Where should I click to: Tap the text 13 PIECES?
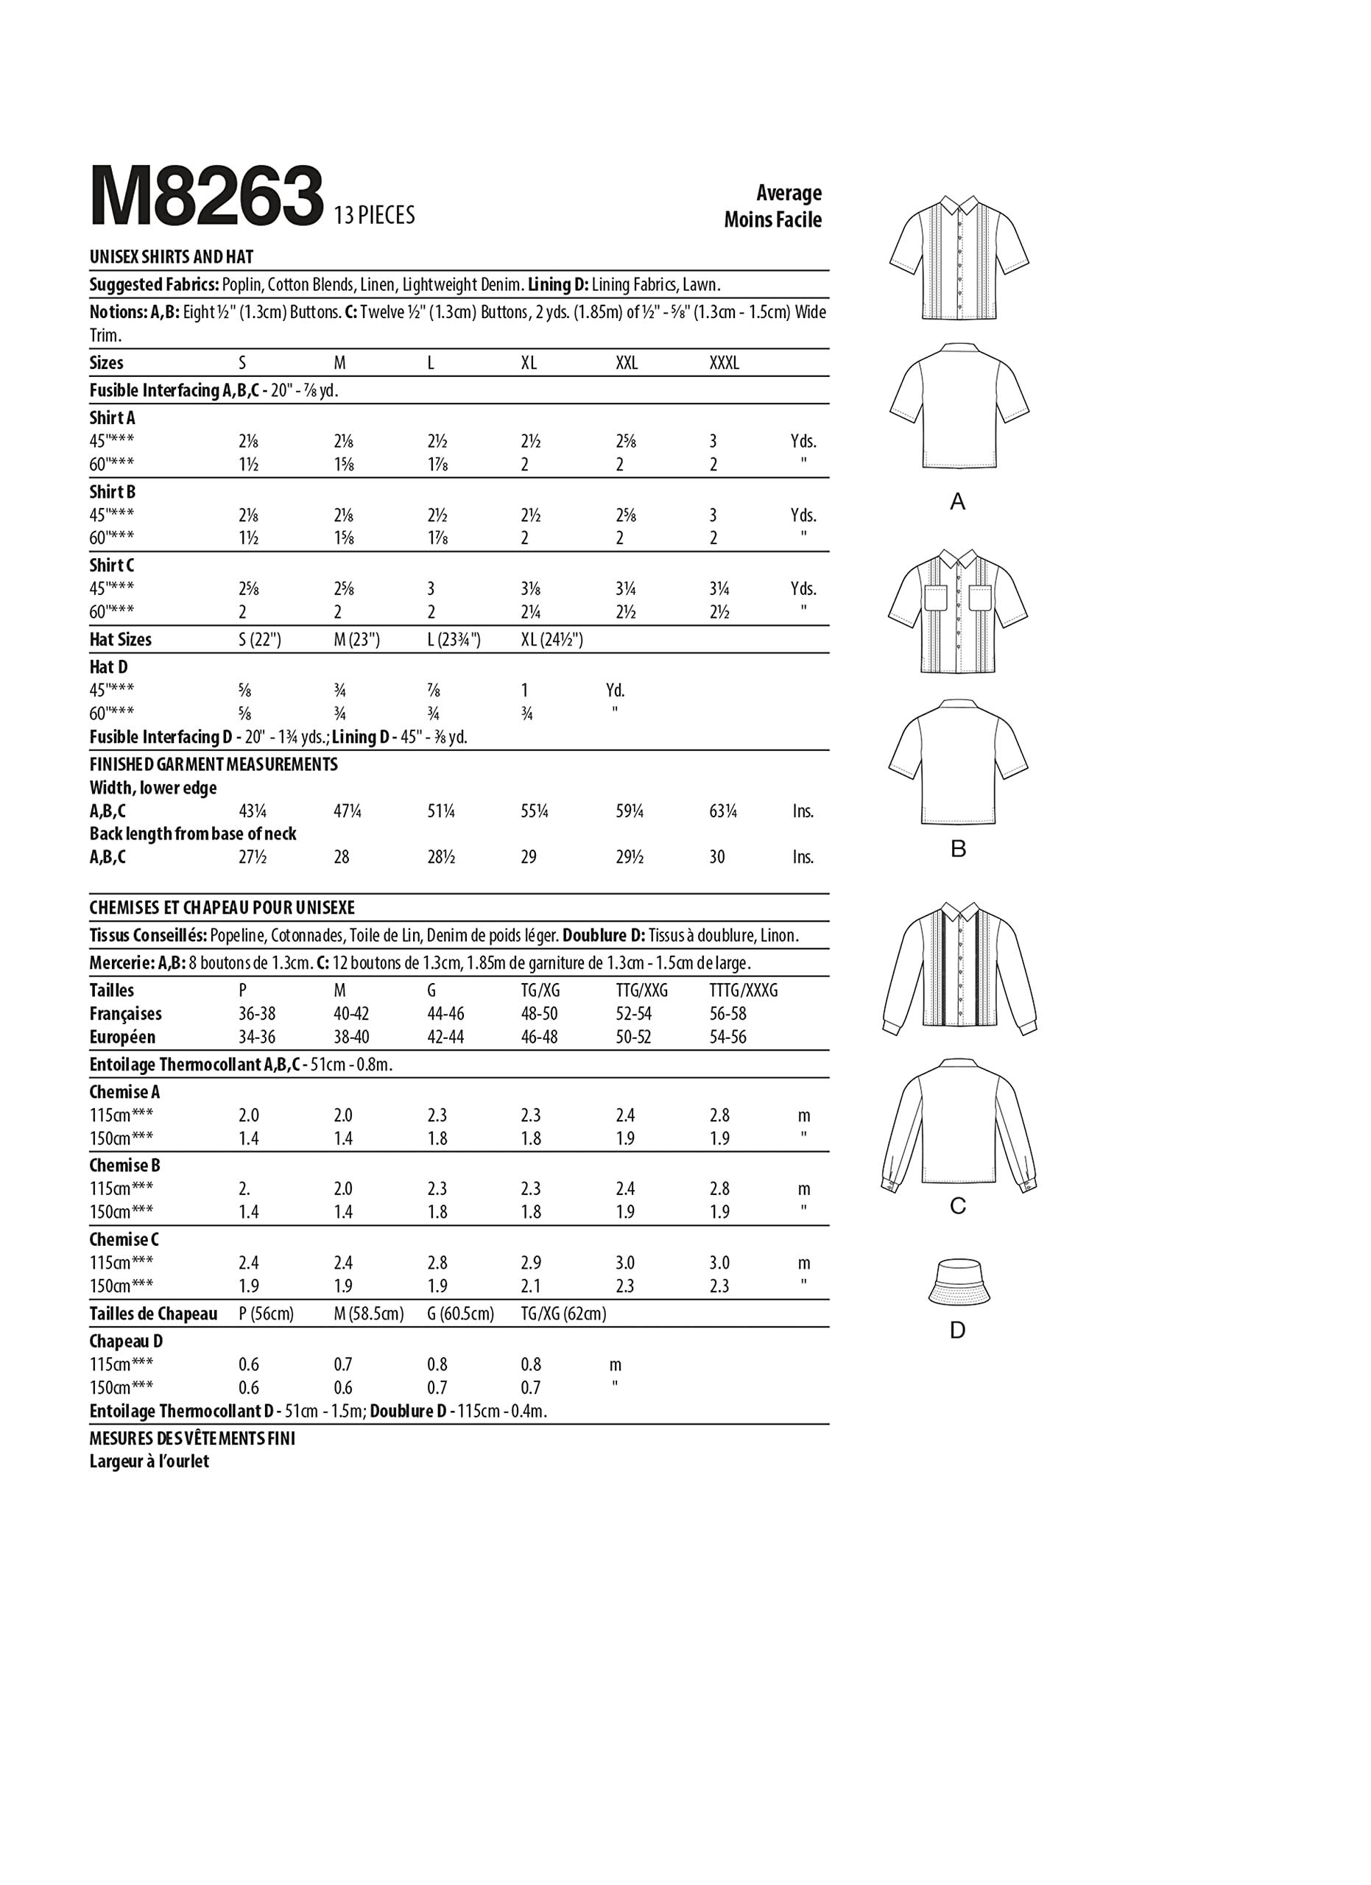point(374,216)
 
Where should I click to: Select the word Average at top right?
point(789,193)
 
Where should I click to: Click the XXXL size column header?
point(724,363)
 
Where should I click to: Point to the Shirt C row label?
point(111,565)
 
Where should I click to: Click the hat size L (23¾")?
point(454,640)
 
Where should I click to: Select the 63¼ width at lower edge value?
point(723,811)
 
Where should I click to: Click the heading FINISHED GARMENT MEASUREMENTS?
point(214,764)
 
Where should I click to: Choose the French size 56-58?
point(728,1014)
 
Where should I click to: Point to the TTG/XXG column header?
point(641,990)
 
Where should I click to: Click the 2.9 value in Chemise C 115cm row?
point(530,1264)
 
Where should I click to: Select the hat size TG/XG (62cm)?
point(563,1314)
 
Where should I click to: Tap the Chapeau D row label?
point(127,1341)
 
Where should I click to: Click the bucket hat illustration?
point(958,1282)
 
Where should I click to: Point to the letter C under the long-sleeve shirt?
point(958,1206)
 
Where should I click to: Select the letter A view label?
point(958,502)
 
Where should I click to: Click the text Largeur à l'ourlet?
point(149,1461)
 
